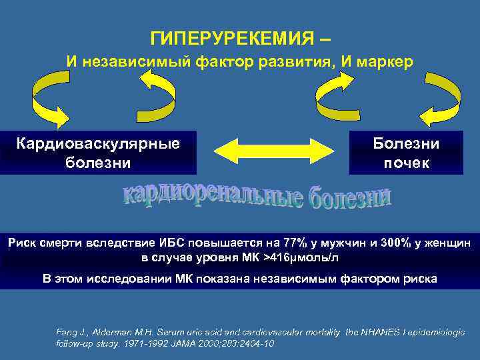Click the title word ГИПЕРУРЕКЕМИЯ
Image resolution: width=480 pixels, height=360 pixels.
click(x=230, y=38)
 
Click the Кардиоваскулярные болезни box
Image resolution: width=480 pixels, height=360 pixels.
click(x=99, y=153)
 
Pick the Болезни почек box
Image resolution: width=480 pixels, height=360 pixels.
click(x=406, y=153)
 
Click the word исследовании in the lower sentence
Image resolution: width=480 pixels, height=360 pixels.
click(x=114, y=278)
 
